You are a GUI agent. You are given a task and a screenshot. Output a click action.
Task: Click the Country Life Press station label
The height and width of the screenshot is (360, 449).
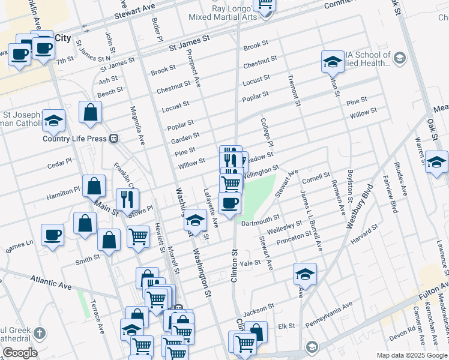coord(74,139)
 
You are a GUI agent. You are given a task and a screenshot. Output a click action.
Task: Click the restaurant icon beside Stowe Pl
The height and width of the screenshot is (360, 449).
coord(127,199)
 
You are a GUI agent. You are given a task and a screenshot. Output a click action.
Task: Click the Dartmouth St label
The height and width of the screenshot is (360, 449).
coord(260,220)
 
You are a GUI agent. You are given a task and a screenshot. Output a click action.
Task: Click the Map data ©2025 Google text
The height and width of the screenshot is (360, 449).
coord(412,355)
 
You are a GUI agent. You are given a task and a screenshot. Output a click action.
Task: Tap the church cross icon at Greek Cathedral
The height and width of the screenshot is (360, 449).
coord(40,333)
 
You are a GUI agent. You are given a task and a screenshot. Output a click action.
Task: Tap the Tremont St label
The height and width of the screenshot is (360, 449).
coord(294,91)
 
